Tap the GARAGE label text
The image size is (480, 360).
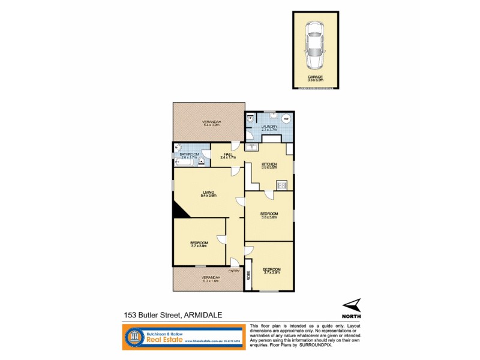[316, 77]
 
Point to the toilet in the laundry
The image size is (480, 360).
[248, 119]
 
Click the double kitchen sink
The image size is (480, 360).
[251, 147]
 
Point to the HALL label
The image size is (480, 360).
[228, 155]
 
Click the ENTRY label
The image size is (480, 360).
[234, 271]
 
